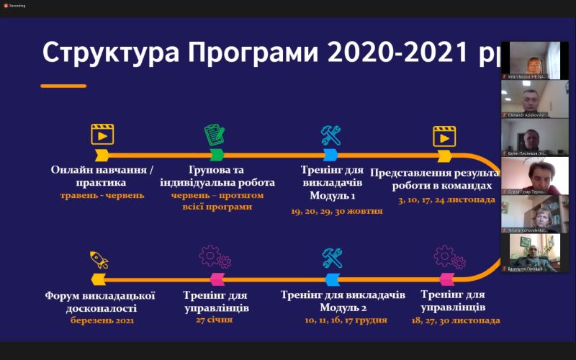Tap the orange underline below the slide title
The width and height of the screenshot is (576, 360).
point(63,86)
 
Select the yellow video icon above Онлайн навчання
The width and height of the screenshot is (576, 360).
point(102,135)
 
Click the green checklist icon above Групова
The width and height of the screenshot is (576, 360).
point(215,135)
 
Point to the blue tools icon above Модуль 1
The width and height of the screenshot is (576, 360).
point(330,135)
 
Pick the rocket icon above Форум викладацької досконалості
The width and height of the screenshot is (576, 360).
point(99,259)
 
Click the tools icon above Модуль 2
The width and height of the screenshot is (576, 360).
point(332,257)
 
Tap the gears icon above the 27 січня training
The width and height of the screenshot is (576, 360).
point(215,256)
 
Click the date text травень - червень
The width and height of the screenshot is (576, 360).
point(102,195)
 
